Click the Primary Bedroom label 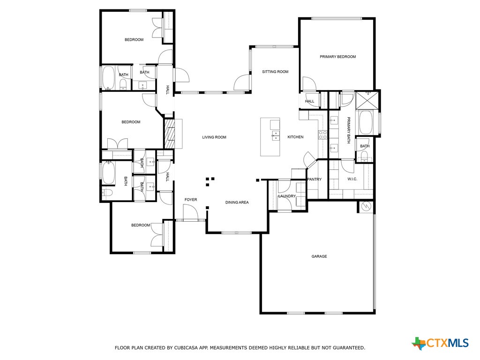(337, 57)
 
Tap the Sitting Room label (275, 72)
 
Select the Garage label (319, 256)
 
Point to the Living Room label (214, 137)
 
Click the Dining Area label (237, 202)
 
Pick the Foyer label (191, 200)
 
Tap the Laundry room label (286, 196)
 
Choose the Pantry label (314, 180)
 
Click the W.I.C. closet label (352, 180)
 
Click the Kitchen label (295, 137)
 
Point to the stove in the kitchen (323, 135)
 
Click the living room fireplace (169, 134)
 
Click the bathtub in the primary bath (366, 123)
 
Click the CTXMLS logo (441, 343)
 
